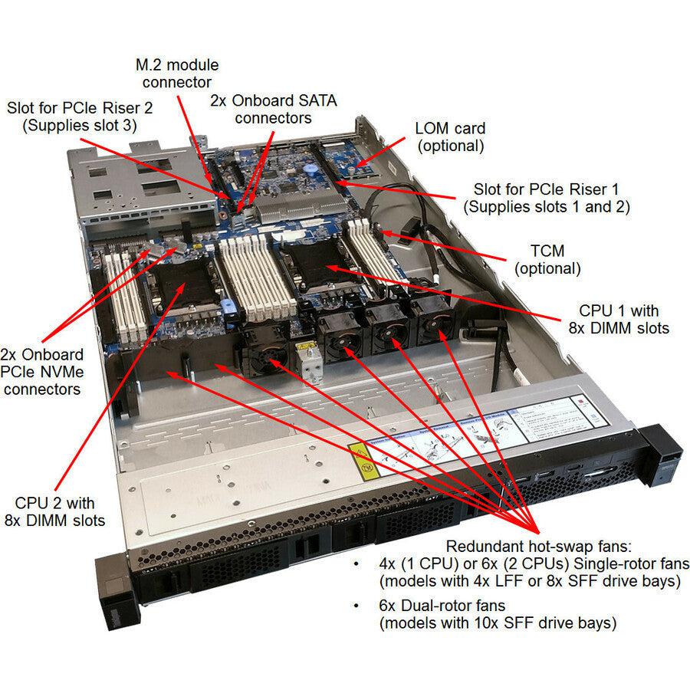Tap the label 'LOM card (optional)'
pos(449,136)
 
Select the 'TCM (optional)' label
pos(547,260)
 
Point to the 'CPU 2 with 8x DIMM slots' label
pos(55,512)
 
